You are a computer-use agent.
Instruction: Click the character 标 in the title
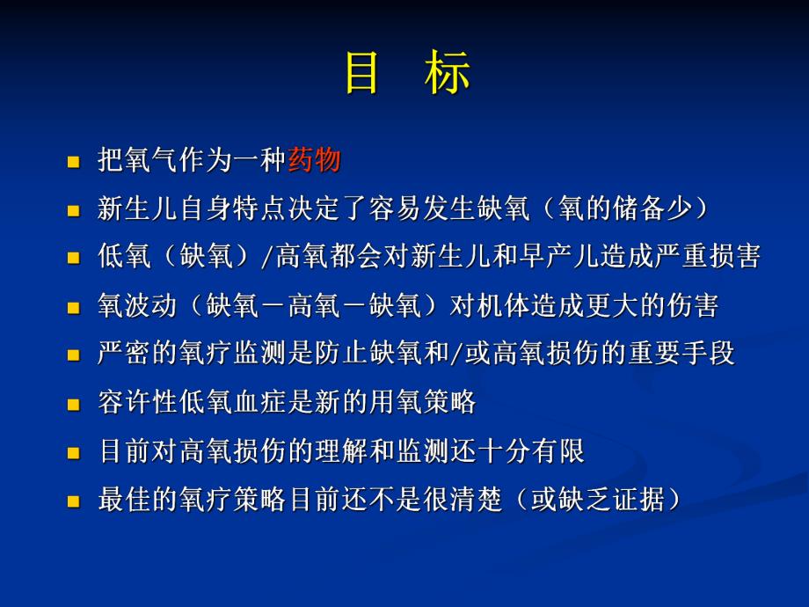(447, 74)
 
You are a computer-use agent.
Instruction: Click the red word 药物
(313, 161)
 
